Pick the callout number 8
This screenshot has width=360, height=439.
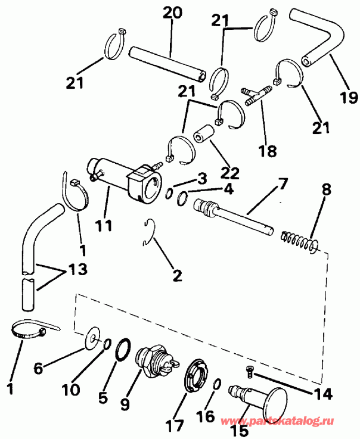326,192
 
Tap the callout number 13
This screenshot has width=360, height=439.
78,270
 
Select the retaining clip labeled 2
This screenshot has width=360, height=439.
150,232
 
